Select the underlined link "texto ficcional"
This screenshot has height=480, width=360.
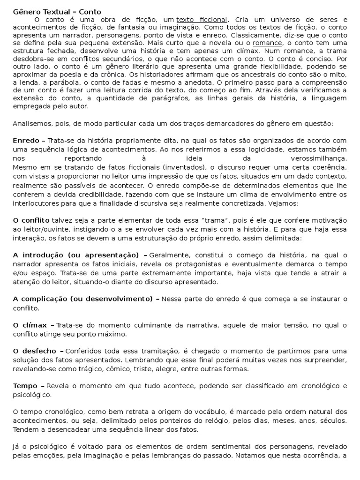[202, 20]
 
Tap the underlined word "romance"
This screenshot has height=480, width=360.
[267, 43]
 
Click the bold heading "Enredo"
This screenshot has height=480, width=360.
[26, 140]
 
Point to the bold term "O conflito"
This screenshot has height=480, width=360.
[31, 220]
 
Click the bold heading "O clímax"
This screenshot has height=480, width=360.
[30, 325]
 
